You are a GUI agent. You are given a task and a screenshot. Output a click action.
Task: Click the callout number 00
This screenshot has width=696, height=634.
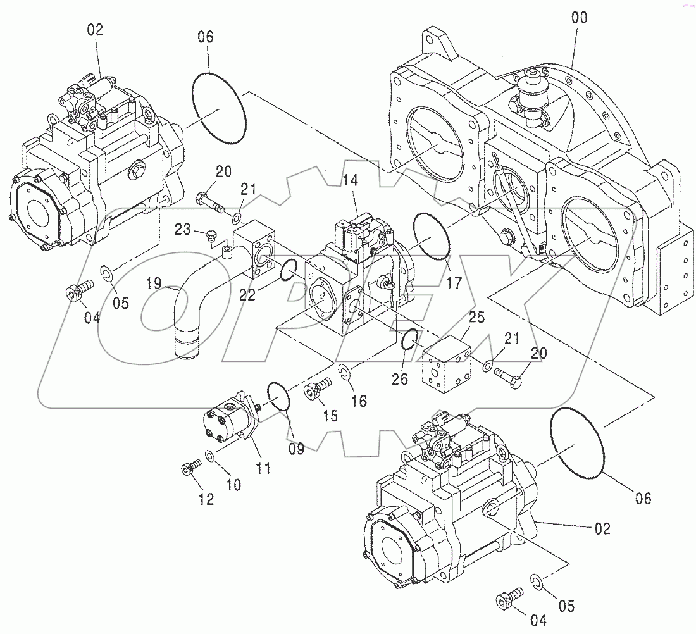click(578, 18)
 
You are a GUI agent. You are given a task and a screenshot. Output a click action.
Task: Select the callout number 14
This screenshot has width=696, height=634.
click(351, 181)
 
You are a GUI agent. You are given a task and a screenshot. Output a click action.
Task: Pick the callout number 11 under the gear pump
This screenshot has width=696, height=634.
click(263, 468)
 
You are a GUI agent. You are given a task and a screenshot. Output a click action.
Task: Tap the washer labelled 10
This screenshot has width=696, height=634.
click(210, 455)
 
